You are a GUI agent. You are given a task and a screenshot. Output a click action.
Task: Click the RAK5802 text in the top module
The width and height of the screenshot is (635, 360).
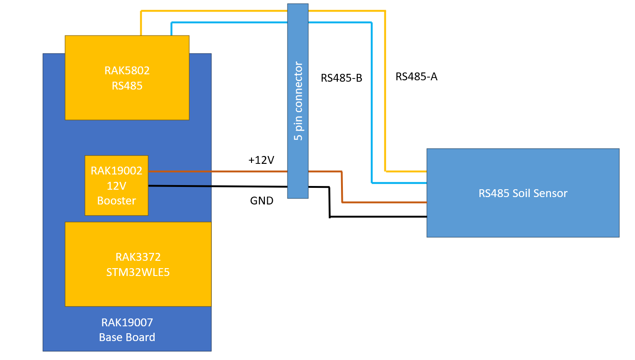coord(127,71)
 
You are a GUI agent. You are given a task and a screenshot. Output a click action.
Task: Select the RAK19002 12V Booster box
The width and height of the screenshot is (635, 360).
coord(116,186)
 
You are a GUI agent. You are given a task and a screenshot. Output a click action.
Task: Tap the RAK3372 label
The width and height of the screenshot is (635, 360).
coord(138,257)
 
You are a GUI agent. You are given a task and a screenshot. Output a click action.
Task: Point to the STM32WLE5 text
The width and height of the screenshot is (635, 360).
coord(138,272)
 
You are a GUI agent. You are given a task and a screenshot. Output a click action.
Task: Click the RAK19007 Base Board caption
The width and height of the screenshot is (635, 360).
coord(127,330)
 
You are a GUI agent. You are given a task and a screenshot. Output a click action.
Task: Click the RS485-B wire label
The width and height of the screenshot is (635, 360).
coord(341,78)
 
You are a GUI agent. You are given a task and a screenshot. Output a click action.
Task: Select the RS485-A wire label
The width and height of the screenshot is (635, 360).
coord(416,77)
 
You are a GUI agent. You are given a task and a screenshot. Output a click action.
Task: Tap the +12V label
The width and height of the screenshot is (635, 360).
coord(261,160)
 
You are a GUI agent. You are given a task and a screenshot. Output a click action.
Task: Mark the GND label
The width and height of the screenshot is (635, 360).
coord(262,201)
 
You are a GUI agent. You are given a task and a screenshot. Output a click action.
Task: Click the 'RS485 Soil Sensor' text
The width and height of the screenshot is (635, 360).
coord(522,193)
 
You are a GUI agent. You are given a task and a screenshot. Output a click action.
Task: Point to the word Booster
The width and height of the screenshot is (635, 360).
coord(116,201)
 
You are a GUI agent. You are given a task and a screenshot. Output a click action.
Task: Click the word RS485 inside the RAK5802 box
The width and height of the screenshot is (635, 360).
coord(127,85)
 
